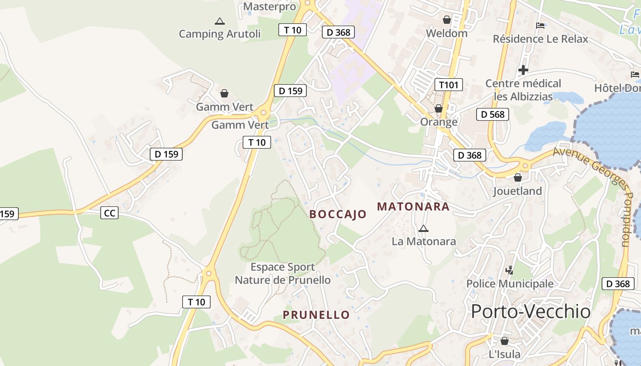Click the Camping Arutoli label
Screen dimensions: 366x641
[x=219, y=34]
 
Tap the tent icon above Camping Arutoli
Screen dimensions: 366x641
[x=220, y=21]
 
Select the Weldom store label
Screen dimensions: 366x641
[x=446, y=33]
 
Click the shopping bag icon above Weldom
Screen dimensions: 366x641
[x=446, y=20]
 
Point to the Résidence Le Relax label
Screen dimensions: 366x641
[x=540, y=39]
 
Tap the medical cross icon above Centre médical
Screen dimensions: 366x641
[x=523, y=70]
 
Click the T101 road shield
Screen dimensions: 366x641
[x=448, y=85]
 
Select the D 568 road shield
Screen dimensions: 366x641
[x=493, y=114]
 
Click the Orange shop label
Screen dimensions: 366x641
[x=439, y=122]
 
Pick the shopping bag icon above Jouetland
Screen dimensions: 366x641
[x=518, y=178]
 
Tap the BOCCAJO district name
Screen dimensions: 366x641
[x=338, y=214]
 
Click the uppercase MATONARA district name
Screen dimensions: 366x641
[x=413, y=207]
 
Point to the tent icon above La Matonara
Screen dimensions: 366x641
[x=424, y=228]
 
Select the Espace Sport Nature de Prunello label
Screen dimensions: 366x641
[x=282, y=273]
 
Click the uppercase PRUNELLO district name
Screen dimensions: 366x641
[x=316, y=315]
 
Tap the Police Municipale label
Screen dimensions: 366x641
[x=510, y=284]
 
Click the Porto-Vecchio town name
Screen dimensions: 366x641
[x=531, y=312]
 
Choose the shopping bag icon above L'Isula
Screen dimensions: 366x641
[x=504, y=341]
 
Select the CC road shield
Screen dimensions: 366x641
[x=109, y=213]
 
